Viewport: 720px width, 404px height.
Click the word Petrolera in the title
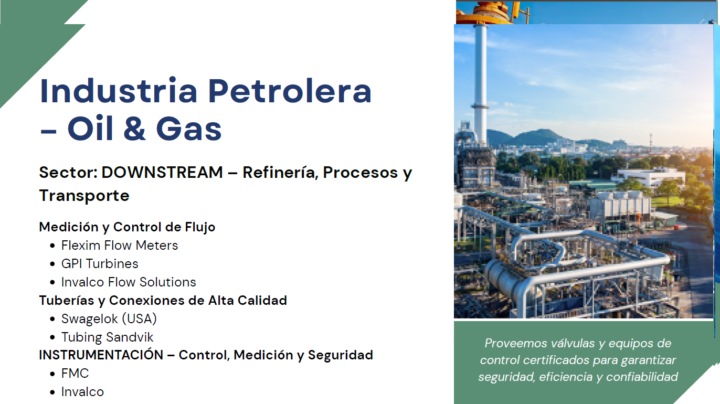pyautogui.click(x=290, y=91)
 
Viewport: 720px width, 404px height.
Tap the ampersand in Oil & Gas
pyautogui.click(x=135, y=128)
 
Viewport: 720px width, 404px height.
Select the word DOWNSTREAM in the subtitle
pyautogui.click(x=162, y=172)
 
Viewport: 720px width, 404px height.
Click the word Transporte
pyautogui.click(x=84, y=196)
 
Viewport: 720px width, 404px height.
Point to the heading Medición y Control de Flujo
pyautogui.click(x=128, y=227)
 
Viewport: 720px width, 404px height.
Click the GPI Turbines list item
pyautogui.click(x=100, y=264)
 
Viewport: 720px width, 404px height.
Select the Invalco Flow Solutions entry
pyautogui.click(x=129, y=282)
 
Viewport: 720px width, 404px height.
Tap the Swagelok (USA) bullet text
pyautogui.click(x=109, y=319)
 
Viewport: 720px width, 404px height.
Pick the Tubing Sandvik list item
pyautogui.click(x=108, y=337)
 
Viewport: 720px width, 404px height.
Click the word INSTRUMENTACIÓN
pyautogui.click(x=101, y=355)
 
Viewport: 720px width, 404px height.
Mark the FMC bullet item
pyautogui.click(x=75, y=374)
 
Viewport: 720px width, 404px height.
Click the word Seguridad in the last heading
pyautogui.click(x=341, y=355)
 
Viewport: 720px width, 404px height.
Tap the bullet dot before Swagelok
pyautogui.click(x=52, y=319)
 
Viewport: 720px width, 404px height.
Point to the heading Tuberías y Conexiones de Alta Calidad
pyautogui.click(x=163, y=301)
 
